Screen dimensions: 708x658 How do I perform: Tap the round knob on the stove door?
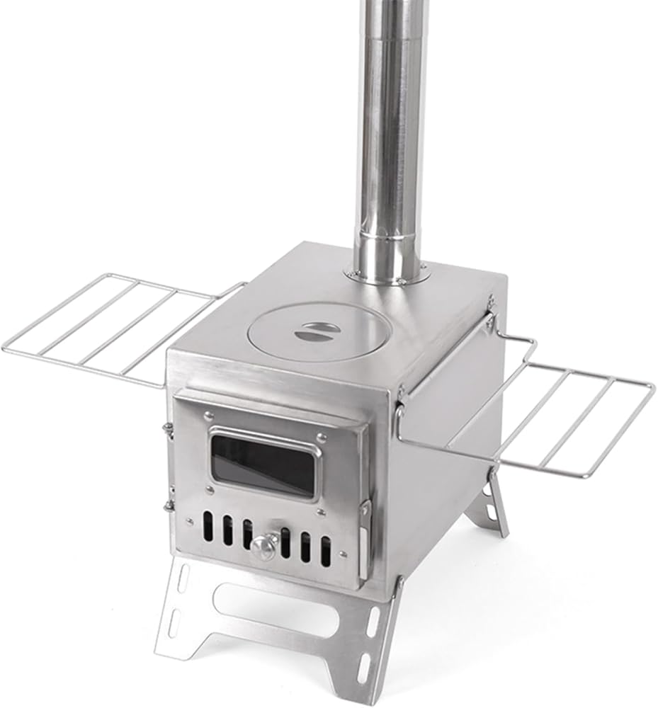pyautogui.click(x=264, y=545)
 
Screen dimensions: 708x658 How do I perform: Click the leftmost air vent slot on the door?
pyautogui.click(x=208, y=527)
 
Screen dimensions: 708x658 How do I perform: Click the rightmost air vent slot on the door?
pyautogui.click(x=325, y=550)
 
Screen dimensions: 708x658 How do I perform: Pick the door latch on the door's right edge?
pyautogui.click(x=363, y=538)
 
